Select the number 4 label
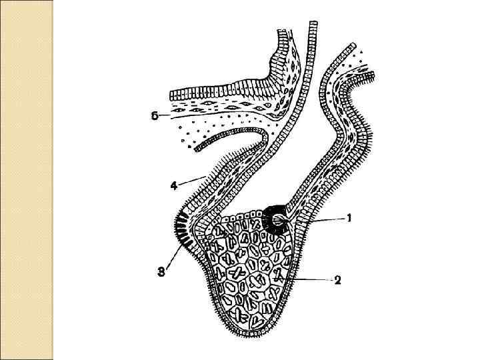(x=173, y=186)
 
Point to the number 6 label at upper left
(x=154, y=115)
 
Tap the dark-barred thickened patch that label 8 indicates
(x=181, y=230)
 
